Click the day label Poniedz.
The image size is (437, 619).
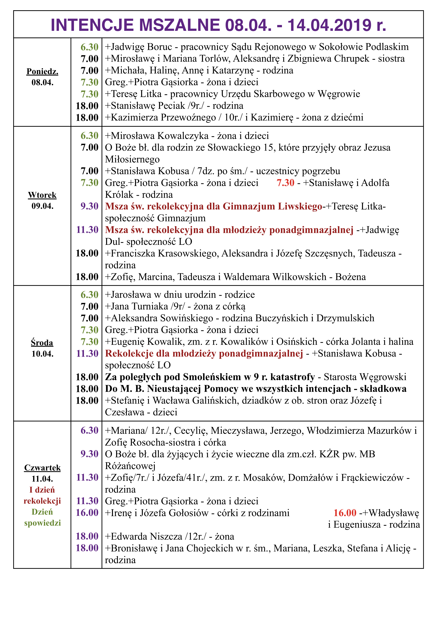42,71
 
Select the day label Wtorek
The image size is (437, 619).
42,195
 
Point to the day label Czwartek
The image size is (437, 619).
42,468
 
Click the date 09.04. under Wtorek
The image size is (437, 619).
42,206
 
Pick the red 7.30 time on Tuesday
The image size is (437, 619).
285,183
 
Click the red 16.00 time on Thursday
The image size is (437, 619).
345,513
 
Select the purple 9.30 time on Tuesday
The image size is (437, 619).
89,206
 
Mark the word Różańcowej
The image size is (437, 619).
130,466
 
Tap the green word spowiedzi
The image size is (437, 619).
42,523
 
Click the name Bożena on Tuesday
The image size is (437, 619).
350,277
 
